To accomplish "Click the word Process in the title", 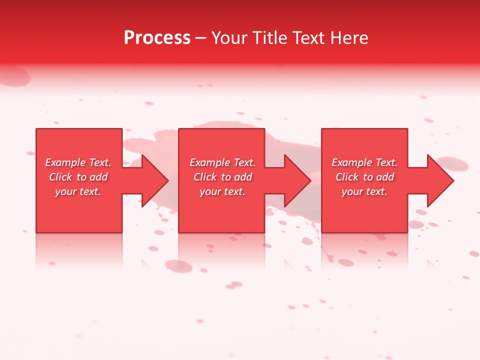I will [x=157, y=38].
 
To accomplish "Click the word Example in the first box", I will [x=65, y=162].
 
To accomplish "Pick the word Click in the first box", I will [x=61, y=177].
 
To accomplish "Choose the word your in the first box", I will [x=65, y=191].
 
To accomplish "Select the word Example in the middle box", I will [x=209, y=162].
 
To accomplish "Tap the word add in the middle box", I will [x=242, y=177].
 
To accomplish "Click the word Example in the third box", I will [x=351, y=162].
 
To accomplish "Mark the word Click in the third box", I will [x=347, y=177].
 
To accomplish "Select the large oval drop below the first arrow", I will [x=178, y=266].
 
